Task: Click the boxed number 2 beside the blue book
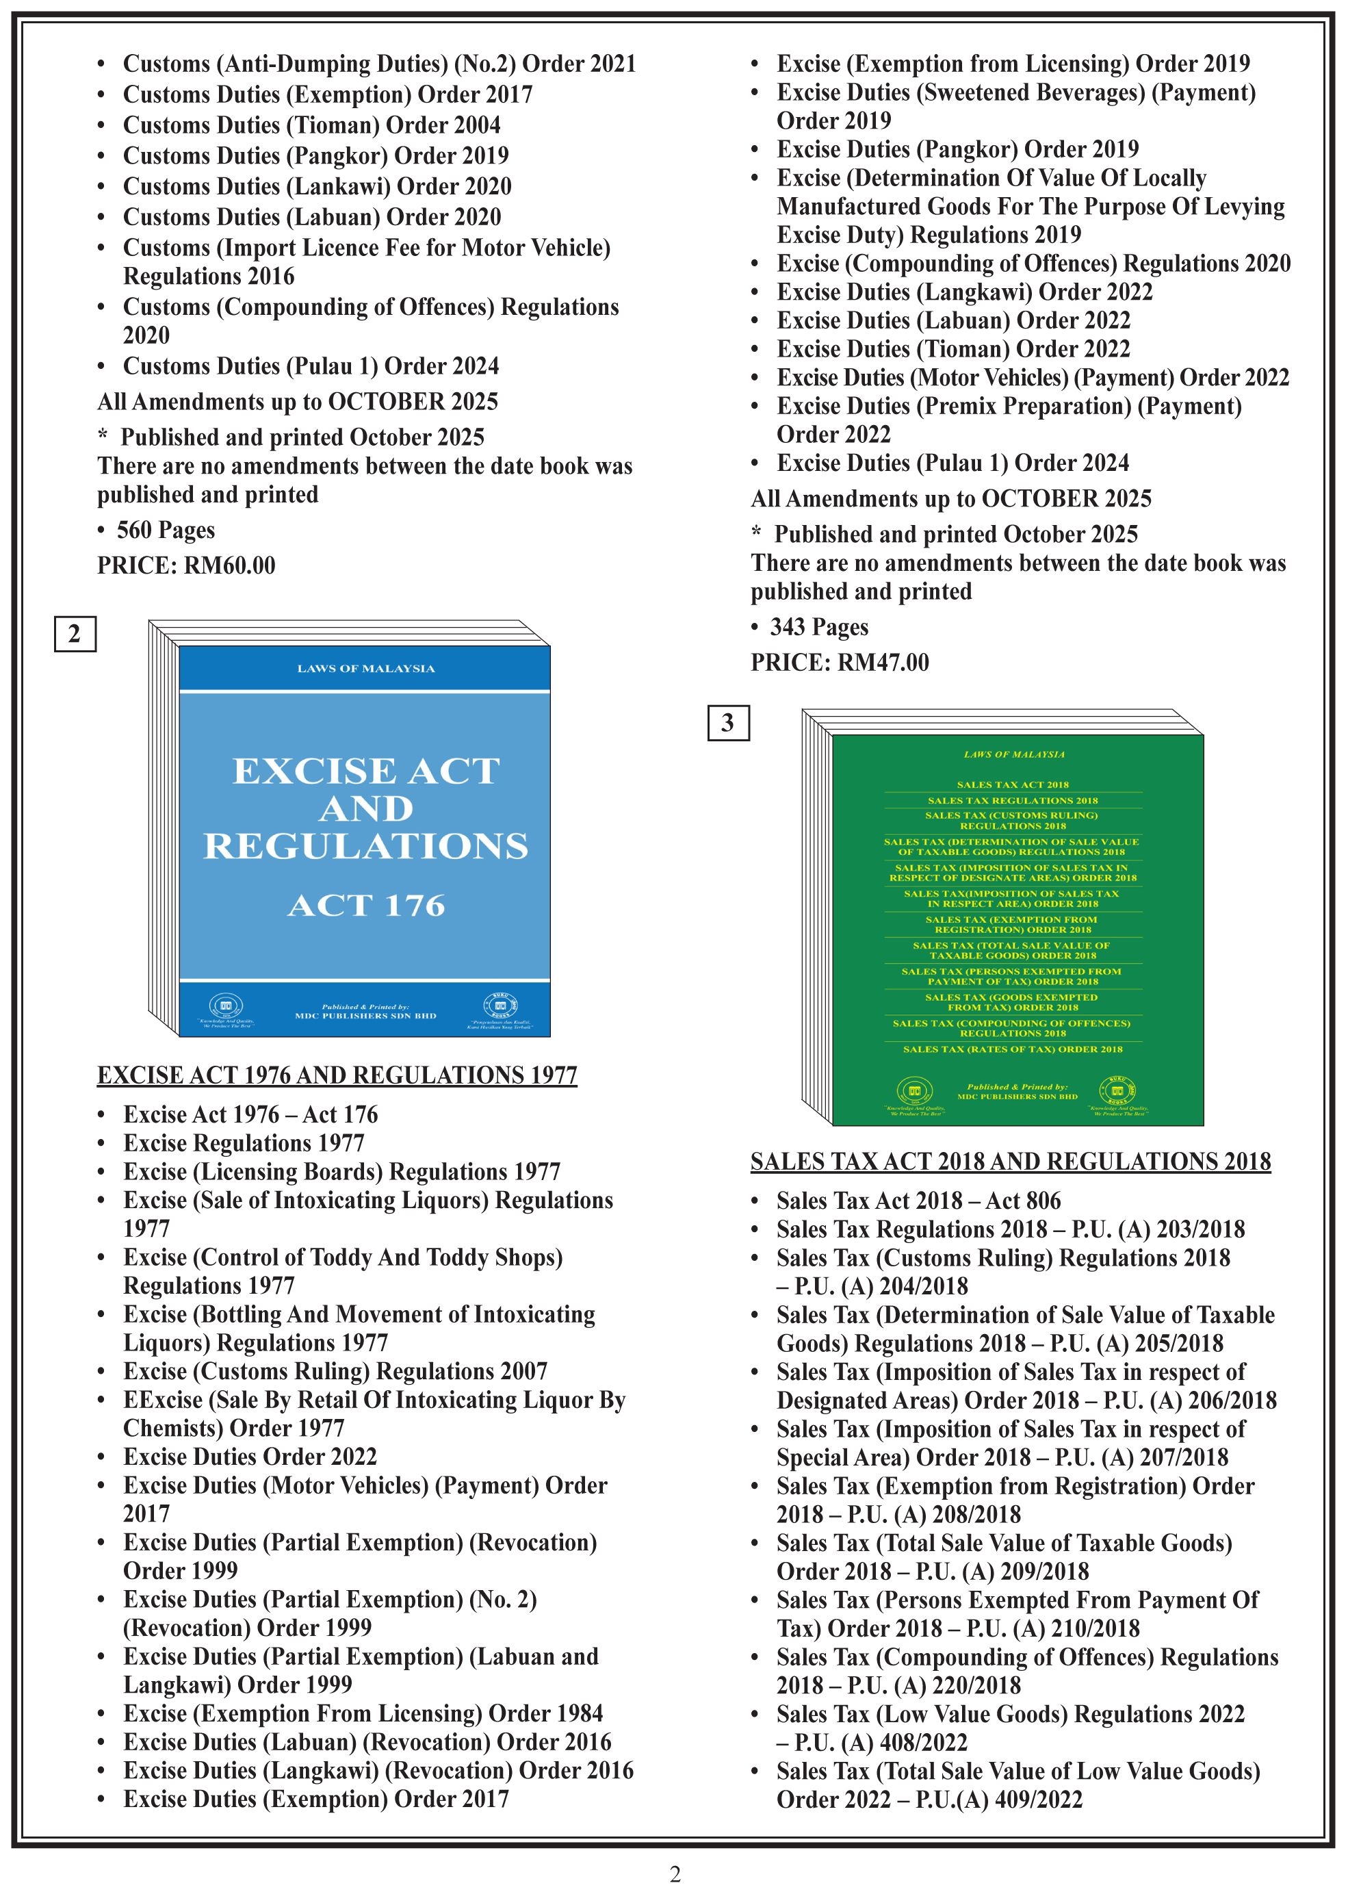tap(75, 634)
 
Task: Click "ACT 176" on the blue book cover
tap(366, 905)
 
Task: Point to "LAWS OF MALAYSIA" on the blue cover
tap(366, 669)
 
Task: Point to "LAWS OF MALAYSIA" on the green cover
tap(1013, 755)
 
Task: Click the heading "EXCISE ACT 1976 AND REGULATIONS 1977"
tap(337, 1075)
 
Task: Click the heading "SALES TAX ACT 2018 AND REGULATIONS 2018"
tap(1010, 1162)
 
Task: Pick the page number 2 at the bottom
tap(675, 1874)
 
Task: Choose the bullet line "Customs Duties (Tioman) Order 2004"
tap(311, 125)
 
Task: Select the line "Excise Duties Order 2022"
tap(250, 1457)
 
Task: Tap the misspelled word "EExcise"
tap(163, 1400)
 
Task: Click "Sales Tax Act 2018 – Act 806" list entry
tap(918, 1201)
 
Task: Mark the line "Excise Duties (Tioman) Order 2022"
tap(953, 348)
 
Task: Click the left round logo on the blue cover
tap(226, 1006)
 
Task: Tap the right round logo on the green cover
tap(1117, 1090)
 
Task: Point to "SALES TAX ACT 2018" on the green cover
tap(1013, 784)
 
